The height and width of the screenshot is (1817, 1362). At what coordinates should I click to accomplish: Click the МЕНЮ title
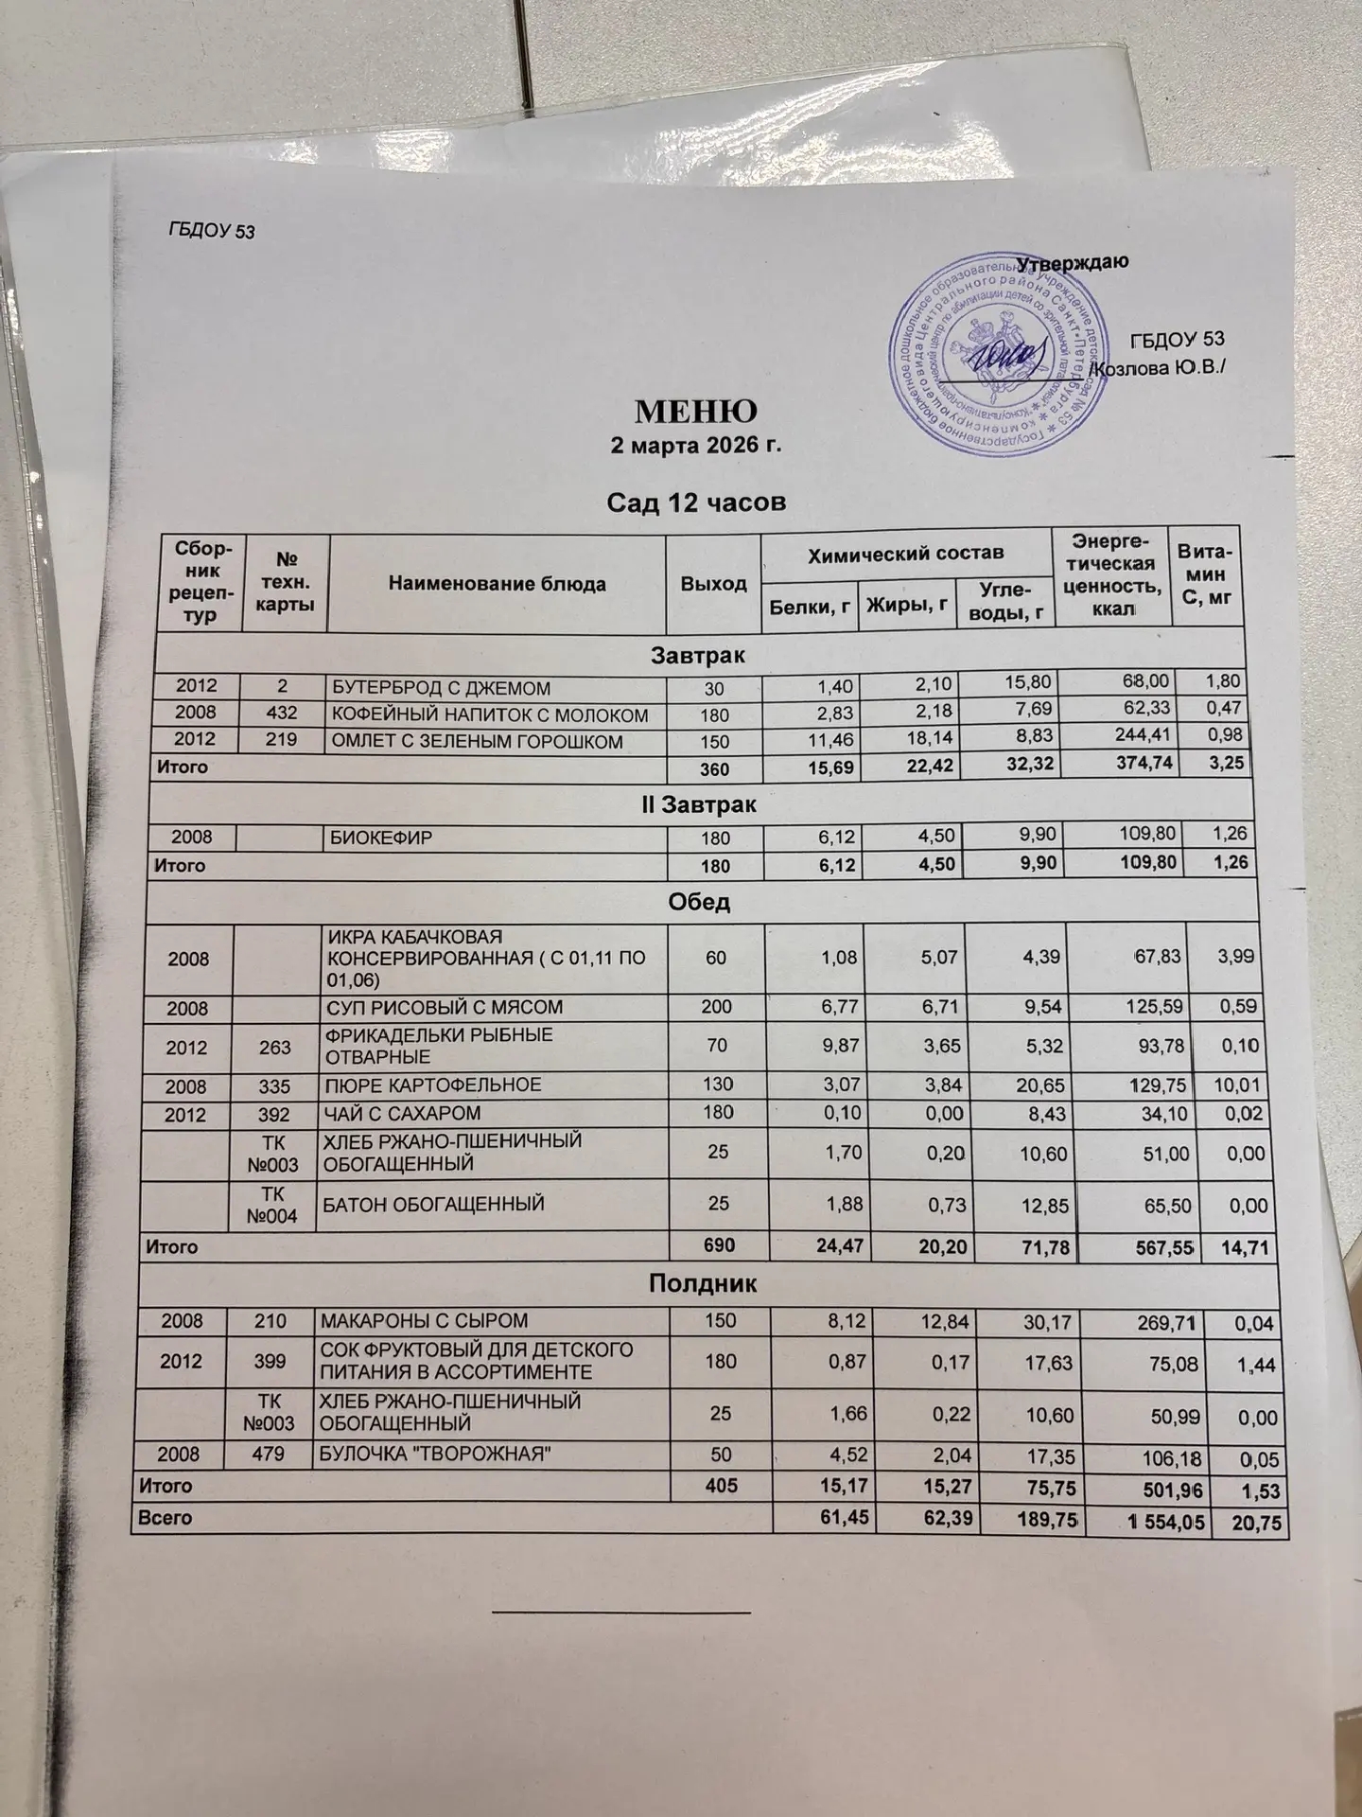pyautogui.click(x=696, y=411)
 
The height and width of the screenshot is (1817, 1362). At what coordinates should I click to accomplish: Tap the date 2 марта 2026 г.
pyautogui.click(x=696, y=446)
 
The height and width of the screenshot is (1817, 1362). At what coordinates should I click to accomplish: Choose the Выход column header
pyautogui.click(x=714, y=584)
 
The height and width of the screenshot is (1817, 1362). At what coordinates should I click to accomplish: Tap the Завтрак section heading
pyautogui.click(x=698, y=655)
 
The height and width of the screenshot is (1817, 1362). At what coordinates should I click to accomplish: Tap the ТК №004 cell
pyautogui.click(x=271, y=1205)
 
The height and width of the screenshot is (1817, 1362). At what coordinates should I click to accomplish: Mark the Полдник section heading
pyautogui.click(x=702, y=1284)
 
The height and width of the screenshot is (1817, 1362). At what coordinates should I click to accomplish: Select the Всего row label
pyautogui.click(x=166, y=1517)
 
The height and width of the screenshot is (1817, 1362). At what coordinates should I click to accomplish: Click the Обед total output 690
pyautogui.click(x=719, y=1246)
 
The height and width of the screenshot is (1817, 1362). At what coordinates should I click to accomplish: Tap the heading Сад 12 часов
pyautogui.click(x=696, y=502)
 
